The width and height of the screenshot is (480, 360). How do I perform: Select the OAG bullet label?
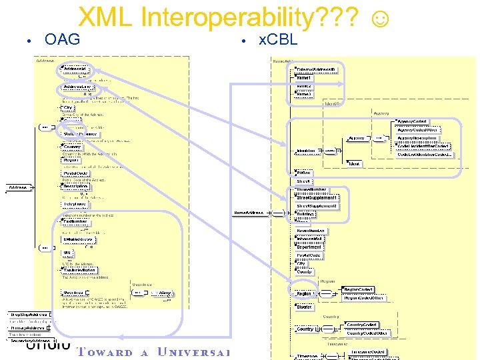click(x=62, y=40)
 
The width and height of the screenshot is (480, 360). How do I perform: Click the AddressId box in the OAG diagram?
click(x=75, y=69)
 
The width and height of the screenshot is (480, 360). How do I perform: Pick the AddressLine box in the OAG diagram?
click(x=78, y=87)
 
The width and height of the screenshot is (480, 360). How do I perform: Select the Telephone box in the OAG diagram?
click(x=75, y=205)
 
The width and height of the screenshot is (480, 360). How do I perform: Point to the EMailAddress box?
click(x=79, y=239)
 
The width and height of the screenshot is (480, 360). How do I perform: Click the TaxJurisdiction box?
click(x=80, y=270)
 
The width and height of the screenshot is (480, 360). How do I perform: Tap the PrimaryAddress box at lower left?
click(x=28, y=327)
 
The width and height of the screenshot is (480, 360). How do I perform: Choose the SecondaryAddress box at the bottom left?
click(x=31, y=341)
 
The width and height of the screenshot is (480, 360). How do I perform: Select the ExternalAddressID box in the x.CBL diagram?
click(x=317, y=69)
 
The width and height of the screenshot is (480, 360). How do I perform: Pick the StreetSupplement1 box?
click(x=317, y=198)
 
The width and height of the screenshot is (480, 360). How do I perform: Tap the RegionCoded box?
click(x=358, y=289)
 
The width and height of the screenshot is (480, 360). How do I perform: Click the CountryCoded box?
click(x=361, y=325)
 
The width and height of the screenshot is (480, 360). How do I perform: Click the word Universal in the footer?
click(x=193, y=352)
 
